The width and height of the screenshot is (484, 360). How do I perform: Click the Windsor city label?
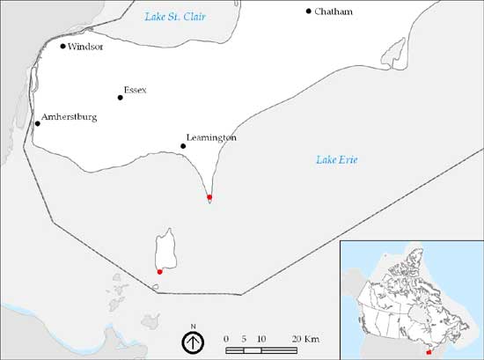[x=86, y=47]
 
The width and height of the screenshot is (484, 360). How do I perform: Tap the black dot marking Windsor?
[x=62, y=46]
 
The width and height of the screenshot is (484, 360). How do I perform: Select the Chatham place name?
[x=333, y=11]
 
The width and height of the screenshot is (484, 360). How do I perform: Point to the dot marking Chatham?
[x=309, y=11]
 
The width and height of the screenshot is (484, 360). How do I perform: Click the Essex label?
[x=136, y=91]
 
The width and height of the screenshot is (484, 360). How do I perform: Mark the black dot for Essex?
[x=121, y=98]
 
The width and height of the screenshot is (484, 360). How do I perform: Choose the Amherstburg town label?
[x=69, y=116]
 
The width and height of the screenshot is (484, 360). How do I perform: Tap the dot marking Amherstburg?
[x=37, y=123]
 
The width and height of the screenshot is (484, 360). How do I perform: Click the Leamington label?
[x=212, y=138]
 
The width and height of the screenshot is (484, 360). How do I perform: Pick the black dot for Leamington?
[x=183, y=146]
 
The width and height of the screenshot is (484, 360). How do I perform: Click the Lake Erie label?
[x=337, y=159]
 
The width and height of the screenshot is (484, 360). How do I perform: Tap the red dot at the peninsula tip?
[x=209, y=197]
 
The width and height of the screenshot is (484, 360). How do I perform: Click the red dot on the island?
[x=159, y=272]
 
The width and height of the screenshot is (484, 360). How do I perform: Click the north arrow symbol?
[x=192, y=342]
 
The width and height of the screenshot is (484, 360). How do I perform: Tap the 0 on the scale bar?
[x=227, y=339]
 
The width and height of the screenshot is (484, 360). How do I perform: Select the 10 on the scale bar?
[x=261, y=339]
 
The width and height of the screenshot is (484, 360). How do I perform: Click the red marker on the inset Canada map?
[x=429, y=352]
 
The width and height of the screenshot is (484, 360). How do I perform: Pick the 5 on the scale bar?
[x=244, y=339]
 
